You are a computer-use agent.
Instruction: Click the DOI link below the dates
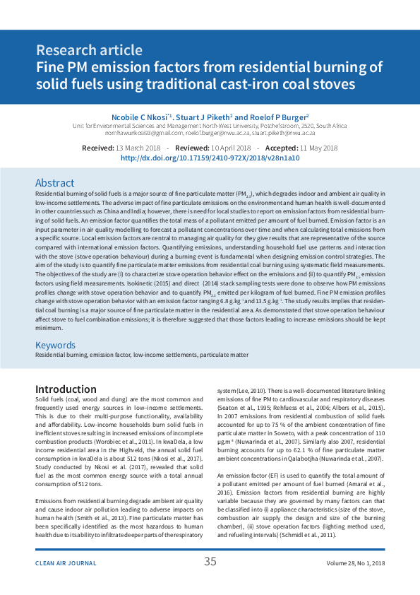click(x=210, y=158)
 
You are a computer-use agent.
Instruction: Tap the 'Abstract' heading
click(x=54, y=182)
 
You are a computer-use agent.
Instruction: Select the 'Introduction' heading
click(x=66, y=389)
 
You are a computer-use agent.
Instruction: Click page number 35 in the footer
click(x=210, y=562)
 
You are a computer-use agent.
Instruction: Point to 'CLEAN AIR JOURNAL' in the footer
click(x=66, y=563)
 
